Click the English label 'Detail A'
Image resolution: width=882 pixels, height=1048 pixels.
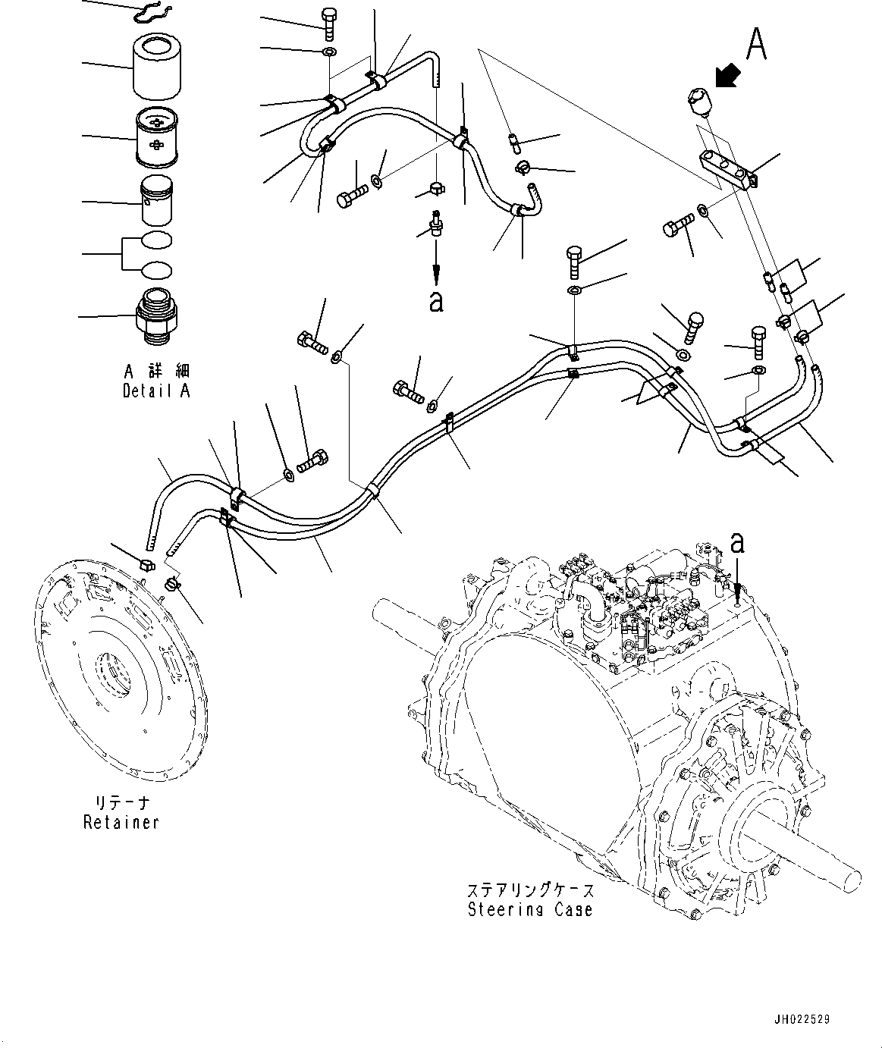tap(156, 391)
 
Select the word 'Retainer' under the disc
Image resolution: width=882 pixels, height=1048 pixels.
tap(121, 822)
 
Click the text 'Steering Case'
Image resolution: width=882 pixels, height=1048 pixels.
tap(530, 909)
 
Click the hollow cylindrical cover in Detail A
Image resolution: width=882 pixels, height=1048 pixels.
tap(157, 66)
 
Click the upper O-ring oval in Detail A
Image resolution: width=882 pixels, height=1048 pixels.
tap(157, 241)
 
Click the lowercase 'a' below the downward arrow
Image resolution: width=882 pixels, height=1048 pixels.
tap(436, 301)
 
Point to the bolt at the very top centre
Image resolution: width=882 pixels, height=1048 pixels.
tap(330, 24)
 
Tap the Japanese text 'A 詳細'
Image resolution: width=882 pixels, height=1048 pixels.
tap(157, 371)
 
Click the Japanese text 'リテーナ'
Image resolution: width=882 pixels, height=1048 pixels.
tap(121, 803)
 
